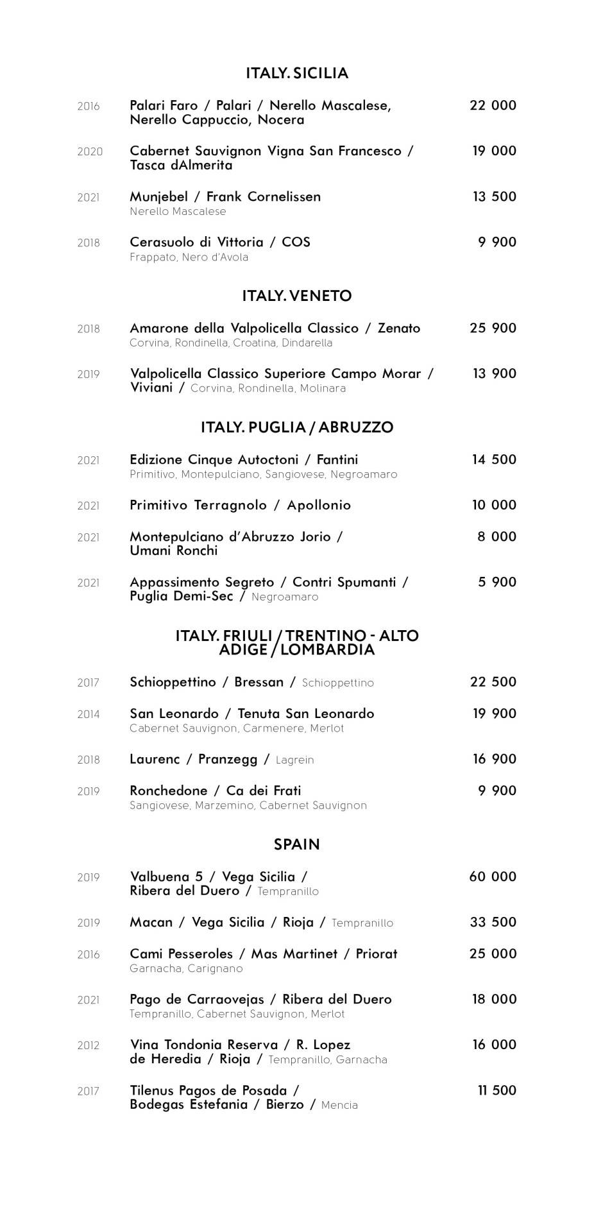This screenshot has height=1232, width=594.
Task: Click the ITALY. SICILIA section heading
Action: coord(297,73)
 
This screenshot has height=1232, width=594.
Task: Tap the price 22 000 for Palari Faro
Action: coord(493,105)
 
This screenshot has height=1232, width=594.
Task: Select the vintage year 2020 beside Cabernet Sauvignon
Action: coord(90,151)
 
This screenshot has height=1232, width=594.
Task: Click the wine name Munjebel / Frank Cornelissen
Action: coord(225,196)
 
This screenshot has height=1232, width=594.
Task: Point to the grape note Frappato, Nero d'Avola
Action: coord(189,257)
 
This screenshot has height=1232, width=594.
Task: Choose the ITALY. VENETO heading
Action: coord(297,296)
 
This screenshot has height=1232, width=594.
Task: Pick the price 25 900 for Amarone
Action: coord(493,328)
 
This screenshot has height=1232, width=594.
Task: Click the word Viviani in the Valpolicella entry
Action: coord(151,388)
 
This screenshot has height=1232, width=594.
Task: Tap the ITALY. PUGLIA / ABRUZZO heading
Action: coord(297,427)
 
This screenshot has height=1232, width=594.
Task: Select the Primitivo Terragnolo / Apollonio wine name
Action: coord(241,505)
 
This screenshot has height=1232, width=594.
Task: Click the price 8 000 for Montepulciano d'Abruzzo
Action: coord(496,536)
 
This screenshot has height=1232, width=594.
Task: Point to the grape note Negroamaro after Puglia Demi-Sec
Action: coord(285,597)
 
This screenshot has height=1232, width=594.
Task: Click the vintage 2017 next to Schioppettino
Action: coord(89,683)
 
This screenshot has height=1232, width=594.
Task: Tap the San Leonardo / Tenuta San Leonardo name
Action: coord(252,714)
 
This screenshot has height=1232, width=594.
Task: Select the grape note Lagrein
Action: coord(294,760)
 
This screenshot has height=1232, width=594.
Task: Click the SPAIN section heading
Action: coord(297,844)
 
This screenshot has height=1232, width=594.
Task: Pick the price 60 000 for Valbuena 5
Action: coord(493,877)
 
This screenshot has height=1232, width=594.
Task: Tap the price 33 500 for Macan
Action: coord(493,922)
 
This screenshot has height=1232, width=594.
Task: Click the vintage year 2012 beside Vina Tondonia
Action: coord(89,1045)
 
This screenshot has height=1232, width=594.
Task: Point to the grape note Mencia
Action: coord(339,1105)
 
